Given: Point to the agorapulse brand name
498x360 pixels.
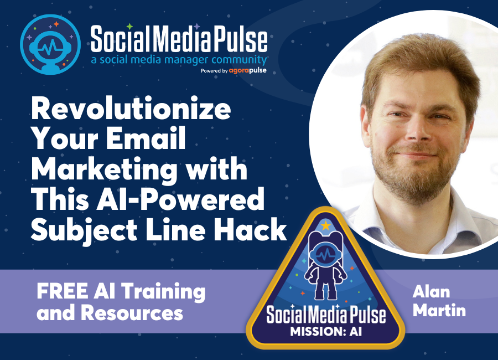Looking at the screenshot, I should pyautogui.click(x=248, y=70).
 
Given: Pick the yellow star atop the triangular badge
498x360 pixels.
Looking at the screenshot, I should pyautogui.click(x=325, y=225).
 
